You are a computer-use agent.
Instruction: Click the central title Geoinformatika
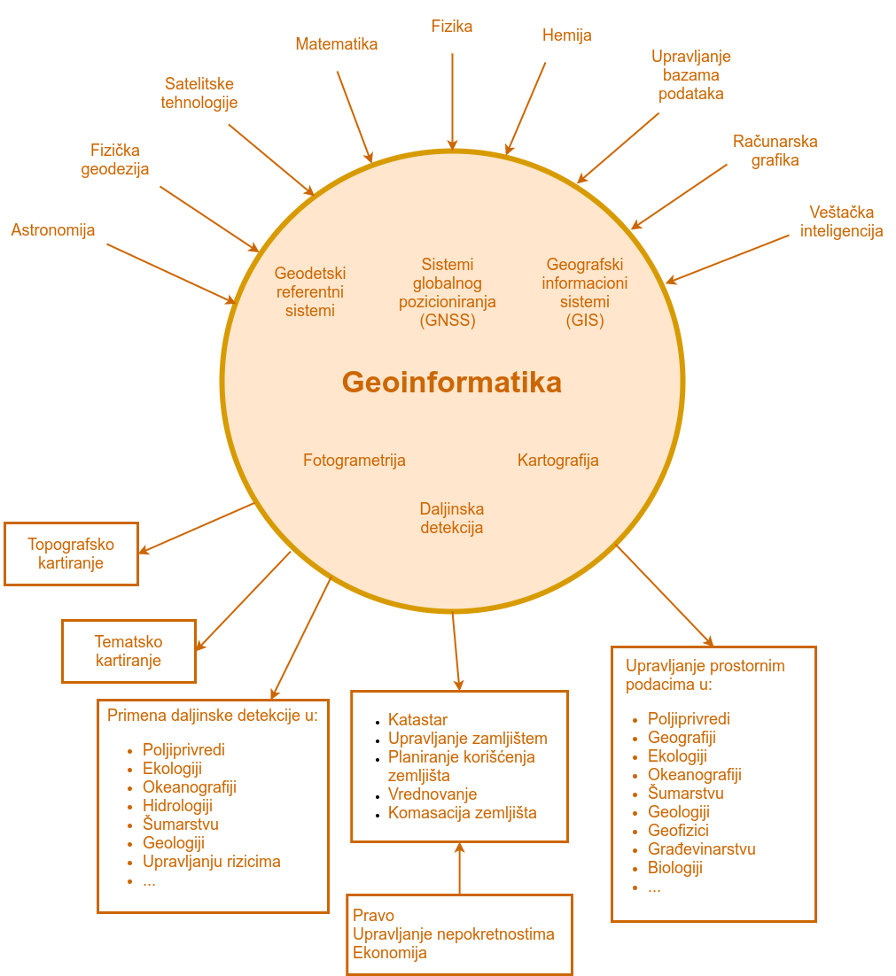(452, 383)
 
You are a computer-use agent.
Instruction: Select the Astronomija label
(53, 230)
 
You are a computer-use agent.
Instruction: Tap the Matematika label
(336, 44)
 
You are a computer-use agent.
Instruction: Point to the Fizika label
(452, 27)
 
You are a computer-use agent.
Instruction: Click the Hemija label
(566, 35)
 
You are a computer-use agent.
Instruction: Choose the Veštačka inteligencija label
(841, 221)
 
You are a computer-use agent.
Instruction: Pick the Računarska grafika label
(775, 151)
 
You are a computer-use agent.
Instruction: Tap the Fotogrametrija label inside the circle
(355, 461)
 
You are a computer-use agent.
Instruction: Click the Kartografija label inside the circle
(558, 461)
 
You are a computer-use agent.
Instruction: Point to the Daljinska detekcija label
(452, 518)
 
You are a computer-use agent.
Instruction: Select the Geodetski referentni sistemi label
(310, 292)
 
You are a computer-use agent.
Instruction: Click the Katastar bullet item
(417, 720)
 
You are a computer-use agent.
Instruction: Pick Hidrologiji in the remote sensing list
(177, 806)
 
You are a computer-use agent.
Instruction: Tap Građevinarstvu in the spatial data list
(702, 849)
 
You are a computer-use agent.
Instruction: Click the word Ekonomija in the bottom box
(390, 953)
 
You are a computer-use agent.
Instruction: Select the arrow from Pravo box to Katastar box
(459, 868)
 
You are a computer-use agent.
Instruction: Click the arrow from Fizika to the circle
(453, 102)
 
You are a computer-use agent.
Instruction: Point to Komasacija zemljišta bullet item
(462, 813)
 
